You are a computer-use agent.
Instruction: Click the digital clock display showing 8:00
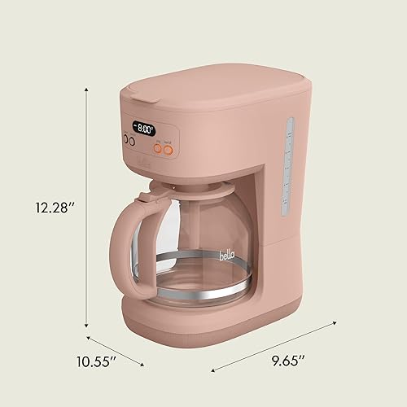click(145, 129)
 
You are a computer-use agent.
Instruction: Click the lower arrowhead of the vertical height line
click(88, 329)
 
